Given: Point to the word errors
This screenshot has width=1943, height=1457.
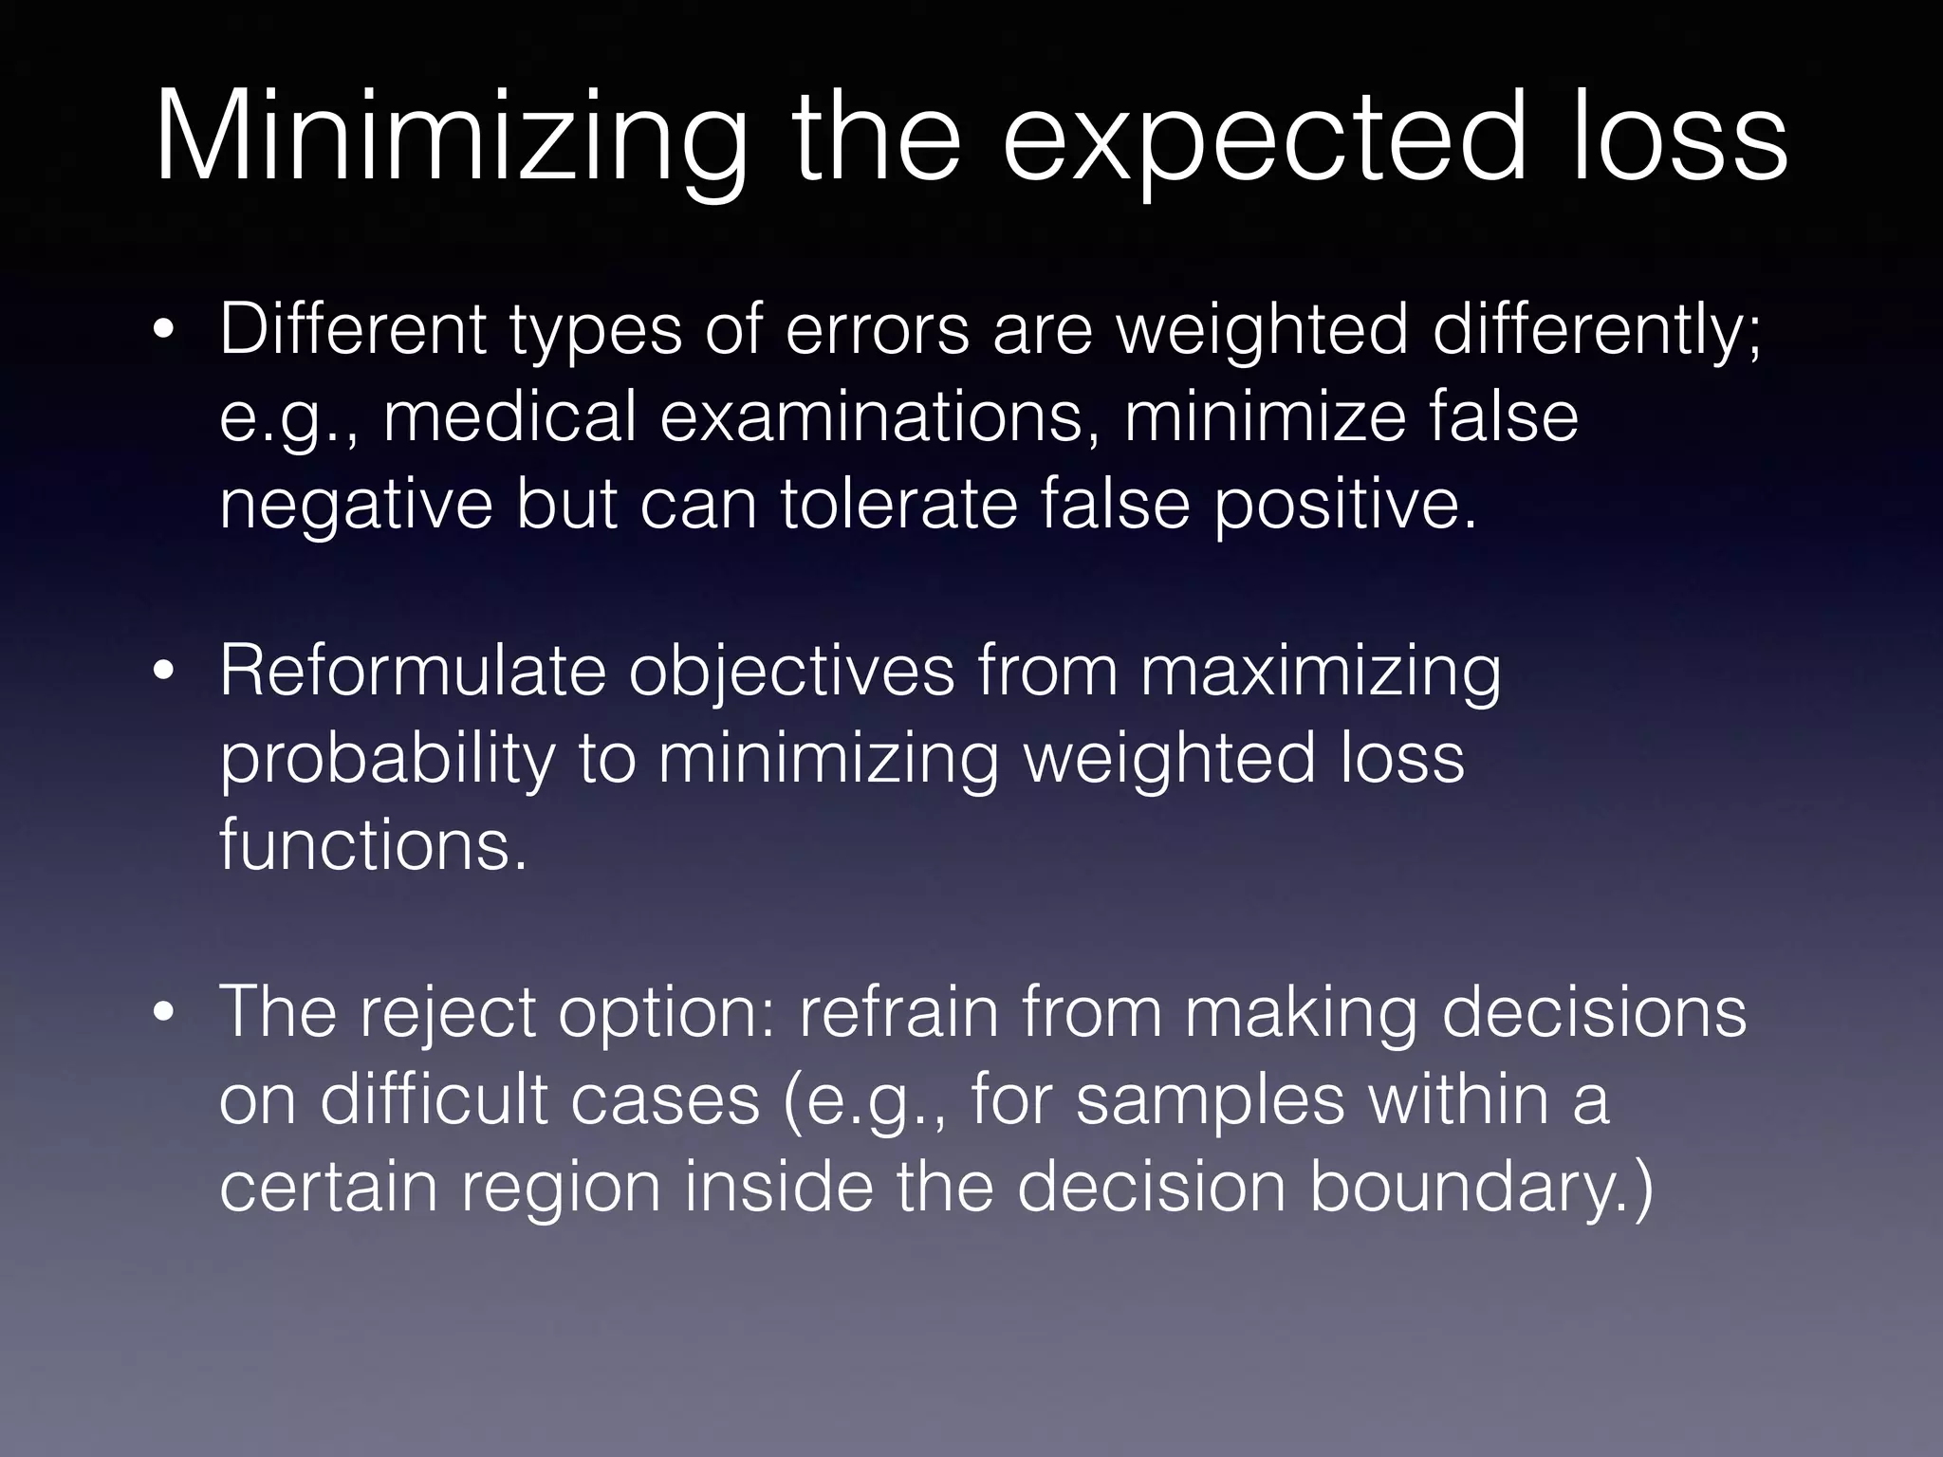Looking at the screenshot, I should click(878, 329).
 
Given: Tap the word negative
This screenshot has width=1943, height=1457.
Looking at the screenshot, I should click(356, 506).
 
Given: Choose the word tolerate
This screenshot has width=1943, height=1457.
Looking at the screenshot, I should click(897, 504).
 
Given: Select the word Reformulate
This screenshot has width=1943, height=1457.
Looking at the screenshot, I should click(413, 671).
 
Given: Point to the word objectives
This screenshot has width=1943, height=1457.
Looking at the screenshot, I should click(791, 673).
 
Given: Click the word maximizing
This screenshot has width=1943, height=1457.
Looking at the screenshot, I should click(1320, 673).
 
